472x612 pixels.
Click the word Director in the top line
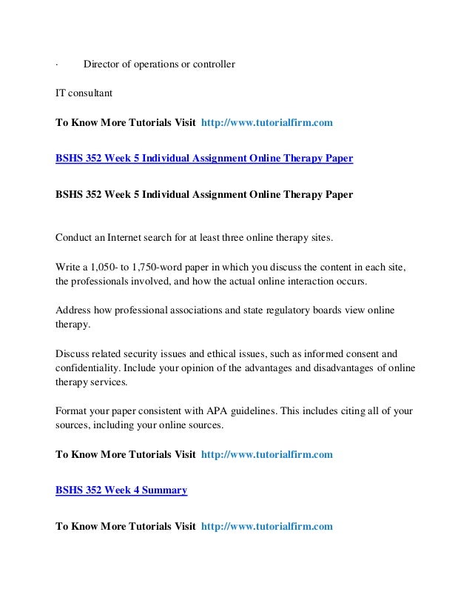click(x=102, y=64)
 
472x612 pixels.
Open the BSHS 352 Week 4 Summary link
click(x=122, y=490)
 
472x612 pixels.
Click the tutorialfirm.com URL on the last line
click(x=267, y=527)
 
